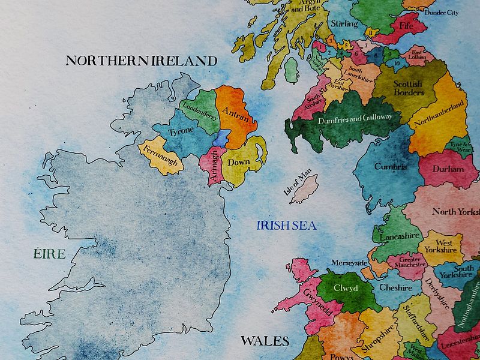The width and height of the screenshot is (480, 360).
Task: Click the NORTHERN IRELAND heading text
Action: pyautogui.click(x=141, y=61)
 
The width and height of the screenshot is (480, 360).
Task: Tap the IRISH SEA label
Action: pyautogui.click(x=286, y=226)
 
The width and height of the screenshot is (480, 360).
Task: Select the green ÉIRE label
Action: pyautogui.click(x=49, y=254)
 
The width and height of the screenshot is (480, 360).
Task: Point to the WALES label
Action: pyautogui.click(x=265, y=341)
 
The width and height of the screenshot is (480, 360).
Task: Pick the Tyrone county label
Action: pyautogui.click(x=180, y=132)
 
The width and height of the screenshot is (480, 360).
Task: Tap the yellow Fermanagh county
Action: pyautogui.click(x=160, y=155)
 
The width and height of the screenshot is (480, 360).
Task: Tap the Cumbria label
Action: pyautogui.click(x=391, y=167)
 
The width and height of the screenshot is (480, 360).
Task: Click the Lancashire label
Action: pyautogui.click(x=400, y=236)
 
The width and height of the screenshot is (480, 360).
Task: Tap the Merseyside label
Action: pyautogui.click(x=349, y=263)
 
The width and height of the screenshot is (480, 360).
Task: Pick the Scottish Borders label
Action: pyautogui.click(x=408, y=88)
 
